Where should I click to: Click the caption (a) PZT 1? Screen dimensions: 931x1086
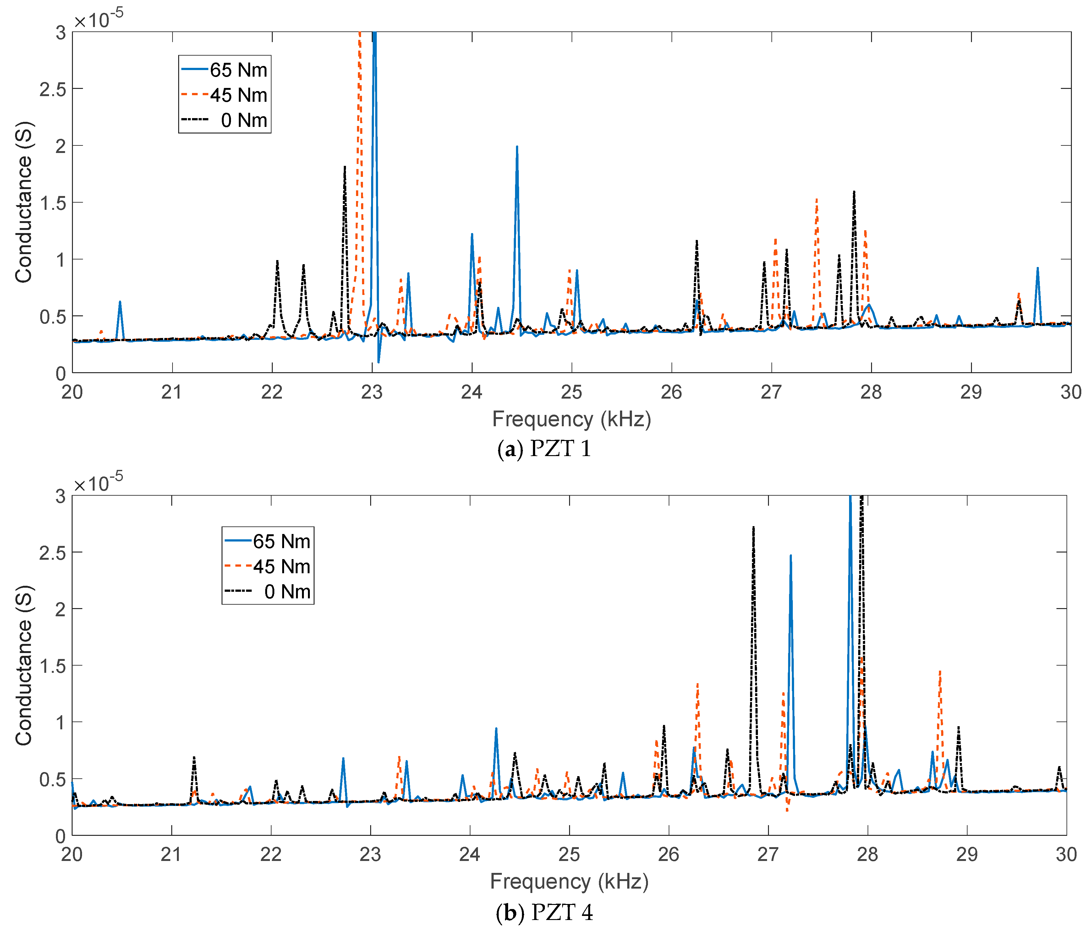point(544,449)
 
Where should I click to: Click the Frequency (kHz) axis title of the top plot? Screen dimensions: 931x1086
point(571,419)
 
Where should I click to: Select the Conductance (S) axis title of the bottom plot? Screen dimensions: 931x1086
point(24,665)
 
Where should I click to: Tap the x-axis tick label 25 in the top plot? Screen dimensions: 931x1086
point(571,392)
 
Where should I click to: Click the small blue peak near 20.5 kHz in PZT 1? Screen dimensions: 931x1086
point(120,303)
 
